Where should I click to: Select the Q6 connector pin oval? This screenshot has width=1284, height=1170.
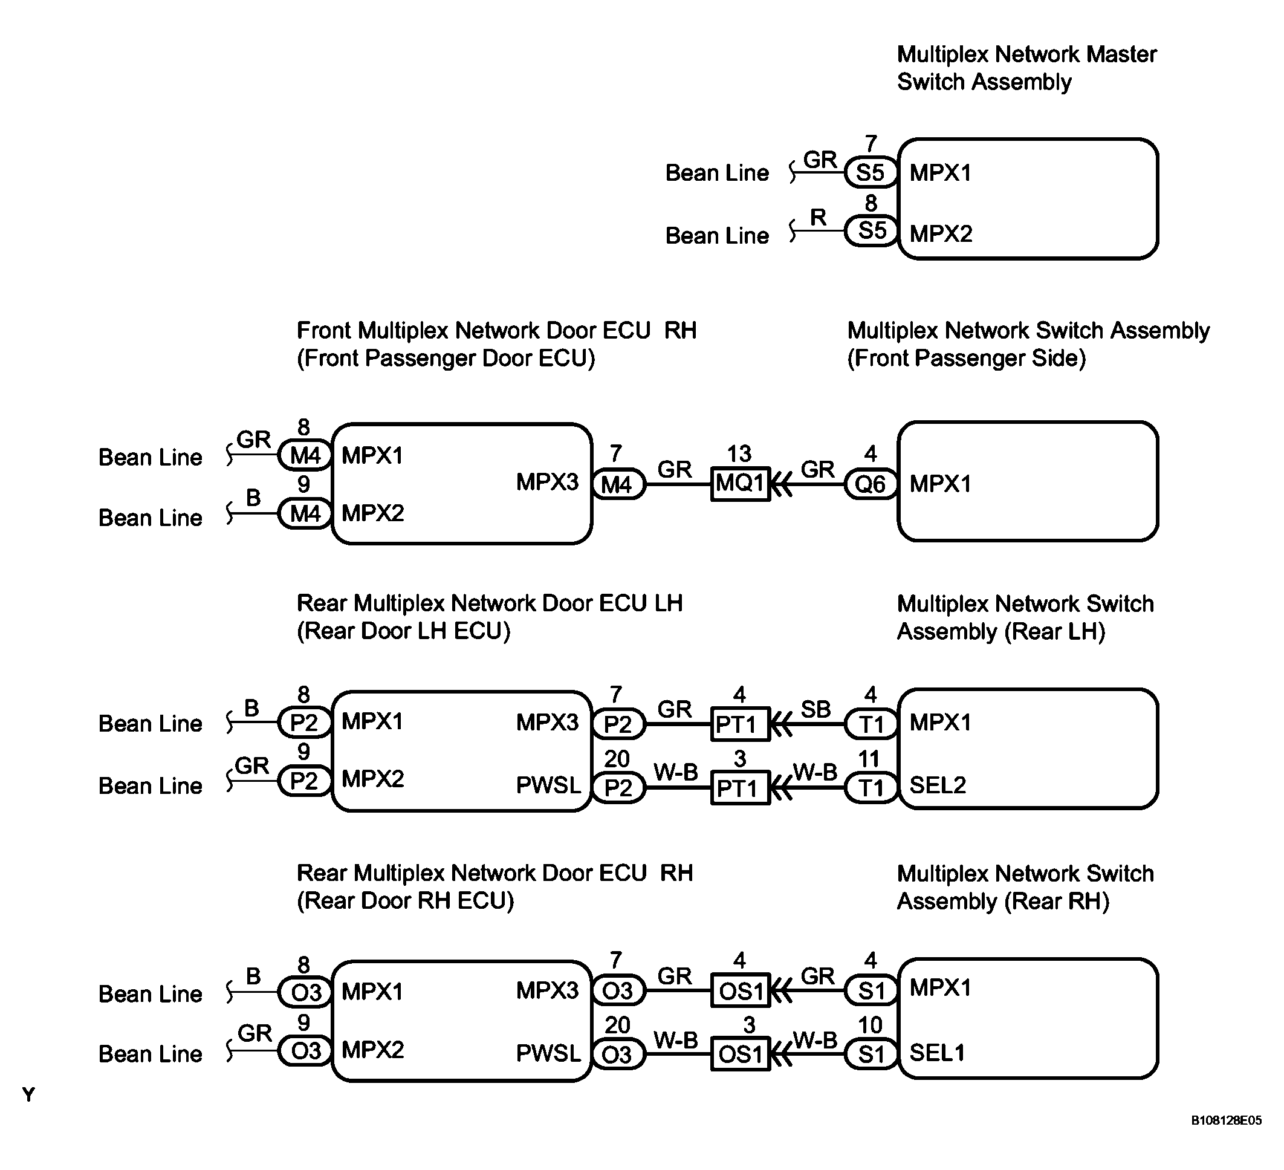870,485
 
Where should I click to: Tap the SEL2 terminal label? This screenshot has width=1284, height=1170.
938,785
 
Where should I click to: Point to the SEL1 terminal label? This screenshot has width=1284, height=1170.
937,1053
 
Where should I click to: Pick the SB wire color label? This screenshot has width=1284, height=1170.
816,709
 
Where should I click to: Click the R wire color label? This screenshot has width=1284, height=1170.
818,218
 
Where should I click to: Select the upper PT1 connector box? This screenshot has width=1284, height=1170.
739,724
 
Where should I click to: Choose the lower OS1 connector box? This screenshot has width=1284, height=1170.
739,1054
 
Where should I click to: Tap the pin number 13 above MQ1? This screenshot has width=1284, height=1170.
739,453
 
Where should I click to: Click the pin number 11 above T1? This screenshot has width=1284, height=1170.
869,759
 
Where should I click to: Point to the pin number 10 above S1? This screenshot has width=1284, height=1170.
870,1025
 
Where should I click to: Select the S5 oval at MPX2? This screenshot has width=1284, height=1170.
871,230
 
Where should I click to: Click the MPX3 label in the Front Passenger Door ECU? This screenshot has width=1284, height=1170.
547,482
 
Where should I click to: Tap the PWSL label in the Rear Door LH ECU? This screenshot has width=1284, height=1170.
548,785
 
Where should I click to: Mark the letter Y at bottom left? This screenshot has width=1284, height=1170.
28,1094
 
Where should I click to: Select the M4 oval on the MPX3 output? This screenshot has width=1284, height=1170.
617,485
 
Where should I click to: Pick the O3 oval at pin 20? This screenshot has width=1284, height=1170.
617,1055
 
